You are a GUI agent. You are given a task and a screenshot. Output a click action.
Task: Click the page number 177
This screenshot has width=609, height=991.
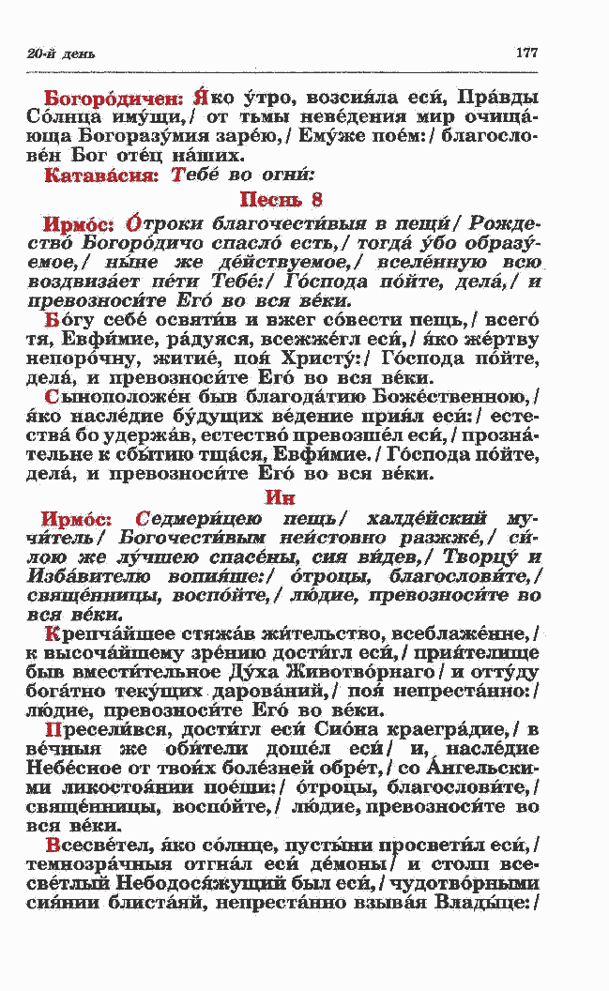(526, 53)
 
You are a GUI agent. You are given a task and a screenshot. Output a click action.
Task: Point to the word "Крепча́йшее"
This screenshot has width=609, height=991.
(104, 634)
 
